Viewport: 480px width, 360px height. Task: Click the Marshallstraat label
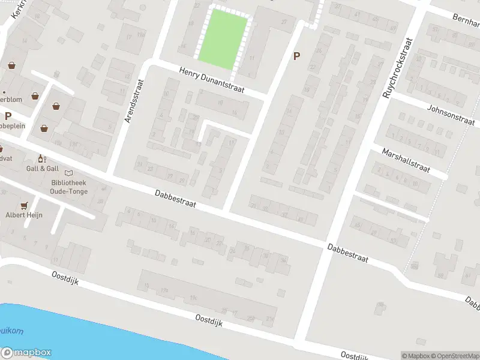(406, 160)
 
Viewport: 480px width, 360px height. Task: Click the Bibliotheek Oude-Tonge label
(69, 187)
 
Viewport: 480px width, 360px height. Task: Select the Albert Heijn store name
(24, 215)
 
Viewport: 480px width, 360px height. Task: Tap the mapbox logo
(26, 353)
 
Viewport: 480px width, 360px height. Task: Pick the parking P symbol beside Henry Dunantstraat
(295, 56)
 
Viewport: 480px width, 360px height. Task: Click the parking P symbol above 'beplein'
(8, 116)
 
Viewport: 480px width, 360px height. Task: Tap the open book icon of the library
(67, 173)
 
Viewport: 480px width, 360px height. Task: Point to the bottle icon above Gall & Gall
(41, 158)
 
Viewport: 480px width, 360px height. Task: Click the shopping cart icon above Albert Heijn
(25, 205)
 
